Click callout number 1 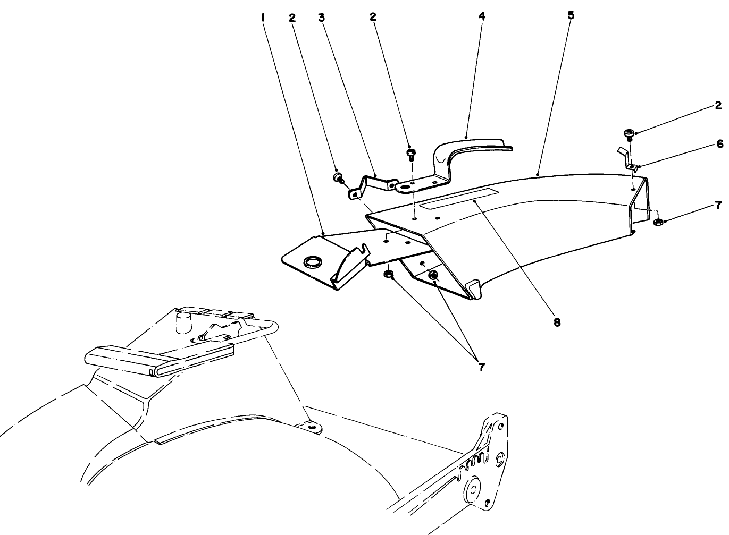coord(263,17)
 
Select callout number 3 coord(321,17)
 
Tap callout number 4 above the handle coord(482,16)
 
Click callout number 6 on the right coord(719,143)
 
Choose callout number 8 coord(557,322)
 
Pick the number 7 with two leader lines coord(481,367)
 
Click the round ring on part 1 coord(312,261)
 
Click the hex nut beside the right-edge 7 coord(657,222)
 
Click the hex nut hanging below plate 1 coord(388,274)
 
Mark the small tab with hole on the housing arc coord(311,427)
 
